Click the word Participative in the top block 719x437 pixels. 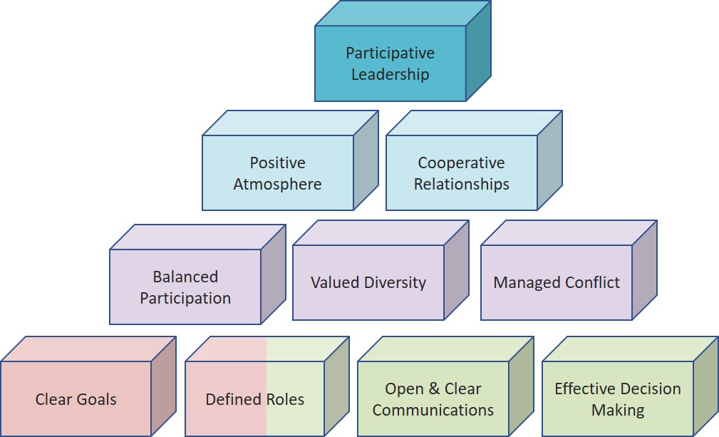[390, 53]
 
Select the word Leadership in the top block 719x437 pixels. [390, 73]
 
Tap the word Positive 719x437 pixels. [277, 163]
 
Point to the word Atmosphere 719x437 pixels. [277, 184]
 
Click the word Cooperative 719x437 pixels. [461, 163]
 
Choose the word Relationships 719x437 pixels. [461, 184]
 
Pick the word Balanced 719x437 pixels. [185, 277]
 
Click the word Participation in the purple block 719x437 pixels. [185, 298]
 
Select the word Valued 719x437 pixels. [335, 282]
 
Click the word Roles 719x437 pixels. [284, 400]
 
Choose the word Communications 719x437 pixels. [433, 410]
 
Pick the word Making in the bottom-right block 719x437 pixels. [617, 410]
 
